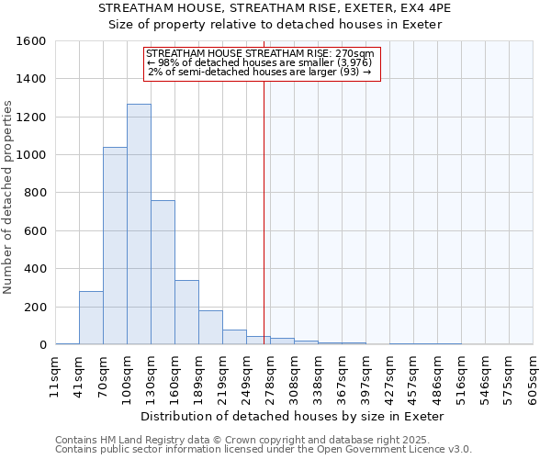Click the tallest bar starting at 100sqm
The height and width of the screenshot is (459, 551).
click(x=139, y=224)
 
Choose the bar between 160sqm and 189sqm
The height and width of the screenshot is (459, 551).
click(x=186, y=312)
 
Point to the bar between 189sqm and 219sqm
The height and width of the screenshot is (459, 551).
click(x=210, y=328)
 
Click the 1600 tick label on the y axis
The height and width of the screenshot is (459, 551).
click(x=31, y=41)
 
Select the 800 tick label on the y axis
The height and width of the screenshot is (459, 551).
click(x=35, y=193)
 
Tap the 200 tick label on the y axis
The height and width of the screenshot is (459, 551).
click(x=35, y=307)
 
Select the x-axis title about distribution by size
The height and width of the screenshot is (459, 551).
click(x=293, y=416)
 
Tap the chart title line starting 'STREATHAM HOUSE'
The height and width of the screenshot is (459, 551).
click(x=275, y=8)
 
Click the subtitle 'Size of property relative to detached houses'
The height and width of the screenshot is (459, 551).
click(x=275, y=25)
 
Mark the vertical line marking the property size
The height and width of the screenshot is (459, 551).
click(x=264, y=211)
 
